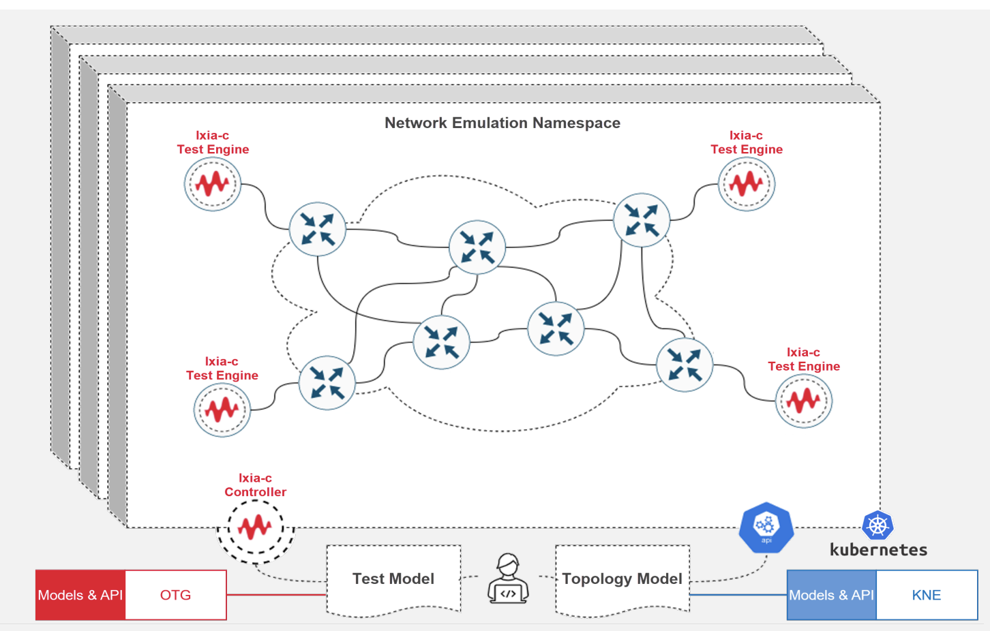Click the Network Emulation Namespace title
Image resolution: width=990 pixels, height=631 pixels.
(502, 123)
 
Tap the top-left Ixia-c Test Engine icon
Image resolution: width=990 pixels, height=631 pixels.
(212, 184)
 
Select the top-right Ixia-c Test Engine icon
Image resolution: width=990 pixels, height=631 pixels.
(746, 184)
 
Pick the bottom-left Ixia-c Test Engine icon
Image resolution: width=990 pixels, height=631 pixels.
(222, 410)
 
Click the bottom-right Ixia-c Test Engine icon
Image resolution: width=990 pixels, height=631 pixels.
(803, 401)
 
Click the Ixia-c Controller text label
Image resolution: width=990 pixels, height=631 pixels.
(255, 485)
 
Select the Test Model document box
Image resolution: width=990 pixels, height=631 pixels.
(393, 579)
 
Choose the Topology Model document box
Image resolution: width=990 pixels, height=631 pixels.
(622, 579)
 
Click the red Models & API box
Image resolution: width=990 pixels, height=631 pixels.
(80, 595)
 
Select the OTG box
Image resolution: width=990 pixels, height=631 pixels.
(176, 595)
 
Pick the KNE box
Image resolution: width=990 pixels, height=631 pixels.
(926, 595)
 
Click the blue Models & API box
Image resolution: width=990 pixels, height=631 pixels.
(831, 595)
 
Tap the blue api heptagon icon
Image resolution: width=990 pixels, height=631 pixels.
(766, 527)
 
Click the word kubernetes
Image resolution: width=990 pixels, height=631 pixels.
(878, 550)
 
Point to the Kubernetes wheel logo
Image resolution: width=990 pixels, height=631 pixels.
(877, 525)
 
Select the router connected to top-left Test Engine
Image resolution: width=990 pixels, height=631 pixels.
(317, 229)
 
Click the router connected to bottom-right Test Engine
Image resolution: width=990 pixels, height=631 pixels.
(684, 365)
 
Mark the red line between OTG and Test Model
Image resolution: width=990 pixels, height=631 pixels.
(276, 594)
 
